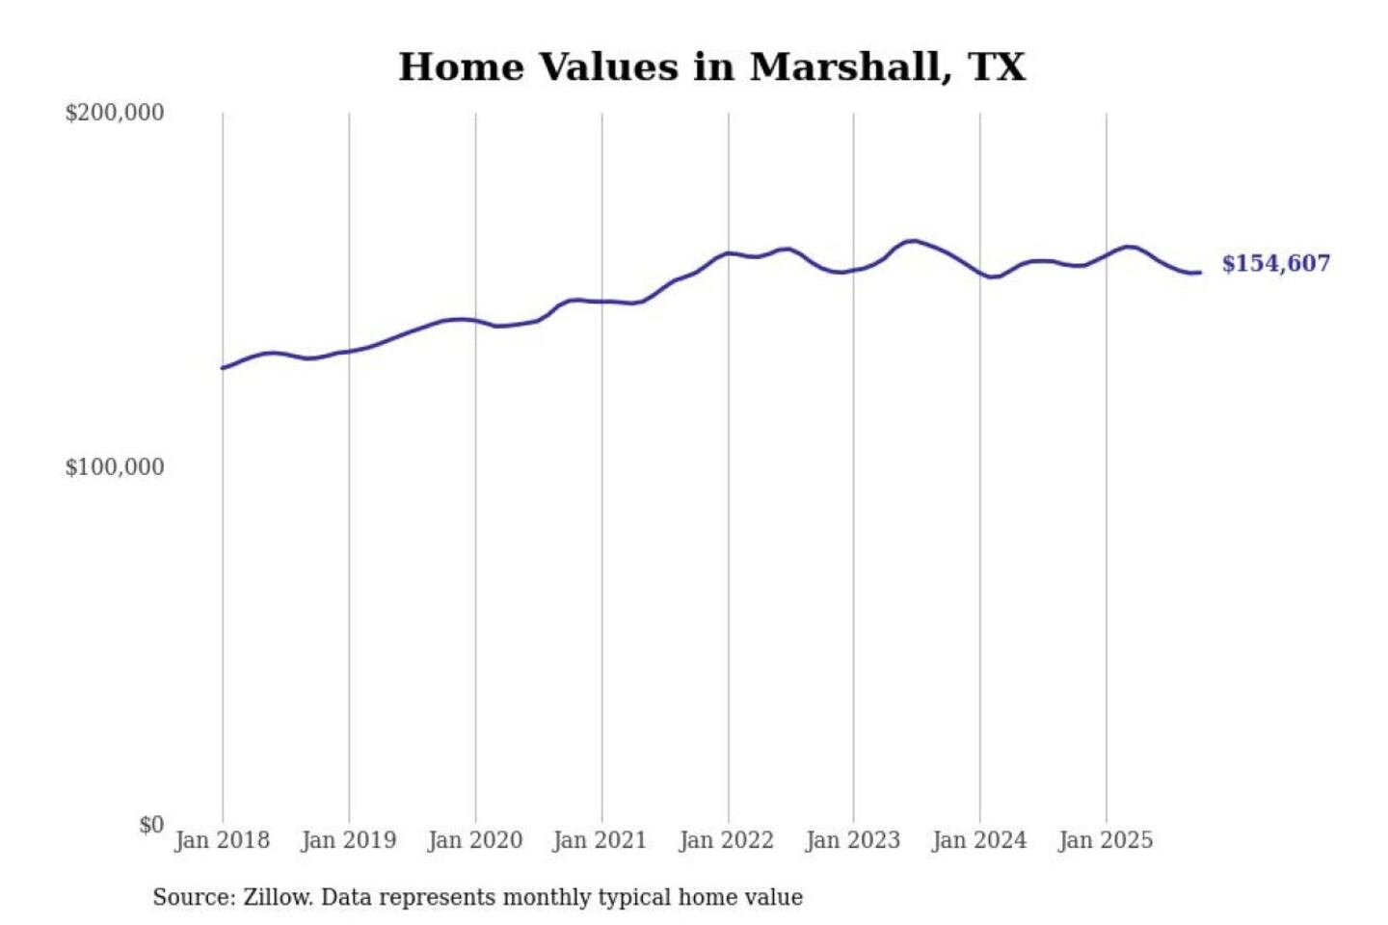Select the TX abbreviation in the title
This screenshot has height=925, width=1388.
point(997,67)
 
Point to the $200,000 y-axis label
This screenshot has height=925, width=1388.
point(115,113)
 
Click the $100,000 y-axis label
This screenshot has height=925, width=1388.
point(115,467)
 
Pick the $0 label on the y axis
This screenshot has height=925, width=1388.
point(151,825)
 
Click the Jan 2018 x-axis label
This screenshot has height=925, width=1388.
point(223,840)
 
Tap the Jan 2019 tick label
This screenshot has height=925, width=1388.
point(349,840)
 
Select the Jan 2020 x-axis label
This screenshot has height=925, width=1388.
point(475,840)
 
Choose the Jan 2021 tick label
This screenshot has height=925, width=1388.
point(600,840)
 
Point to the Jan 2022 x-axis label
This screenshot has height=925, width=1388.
point(727,840)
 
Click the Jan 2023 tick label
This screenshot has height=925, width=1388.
point(853,840)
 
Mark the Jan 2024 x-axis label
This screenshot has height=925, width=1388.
point(979,840)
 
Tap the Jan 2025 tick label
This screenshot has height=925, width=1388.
point(1106,840)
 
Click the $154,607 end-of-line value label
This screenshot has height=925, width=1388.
point(1276,264)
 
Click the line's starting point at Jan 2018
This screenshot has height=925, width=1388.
point(223,368)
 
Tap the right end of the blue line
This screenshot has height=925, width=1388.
point(1199,273)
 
